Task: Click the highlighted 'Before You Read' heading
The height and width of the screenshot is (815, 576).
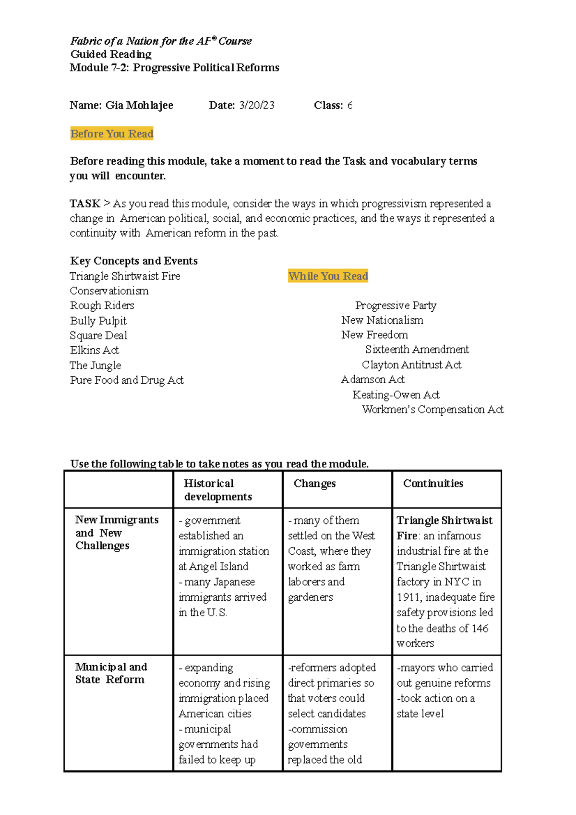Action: tap(111, 134)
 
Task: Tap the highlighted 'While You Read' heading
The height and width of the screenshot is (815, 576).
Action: tap(328, 276)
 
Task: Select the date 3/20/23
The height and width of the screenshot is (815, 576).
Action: tap(257, 105)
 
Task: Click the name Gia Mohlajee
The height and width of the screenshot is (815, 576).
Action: tap(139, 105)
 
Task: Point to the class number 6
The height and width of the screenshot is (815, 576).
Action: tap(349, 105)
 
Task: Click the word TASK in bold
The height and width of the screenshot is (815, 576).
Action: tap(85, 204)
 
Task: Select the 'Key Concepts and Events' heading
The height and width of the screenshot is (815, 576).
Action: tap(133, 261)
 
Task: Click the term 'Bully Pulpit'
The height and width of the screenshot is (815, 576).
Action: tap(98, 321)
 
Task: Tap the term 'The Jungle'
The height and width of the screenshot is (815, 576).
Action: tap(95, 365)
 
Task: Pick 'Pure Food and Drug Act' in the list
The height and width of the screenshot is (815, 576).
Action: tap(127, 380)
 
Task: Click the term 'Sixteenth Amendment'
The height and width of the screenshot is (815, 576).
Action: tap(417, 350)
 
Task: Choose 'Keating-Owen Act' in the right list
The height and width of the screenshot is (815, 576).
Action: tap(396, 395)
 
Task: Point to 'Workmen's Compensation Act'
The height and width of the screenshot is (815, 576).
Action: tap(432, 410)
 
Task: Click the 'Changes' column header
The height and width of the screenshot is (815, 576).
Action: tap(314, 484)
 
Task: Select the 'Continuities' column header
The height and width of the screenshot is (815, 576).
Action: tap(433, 484)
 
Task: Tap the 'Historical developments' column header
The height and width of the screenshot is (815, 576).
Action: tap(217, 490)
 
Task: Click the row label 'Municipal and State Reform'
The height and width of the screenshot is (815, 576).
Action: tap(110, 673)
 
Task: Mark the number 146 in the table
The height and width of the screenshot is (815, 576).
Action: tap(480, 628)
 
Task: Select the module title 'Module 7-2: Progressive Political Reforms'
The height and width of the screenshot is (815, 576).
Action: tap(174, 68)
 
